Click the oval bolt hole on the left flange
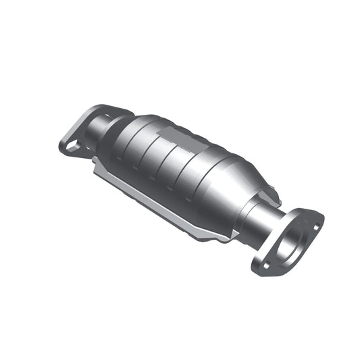coord(70,145)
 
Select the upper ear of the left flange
coord(108,109)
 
